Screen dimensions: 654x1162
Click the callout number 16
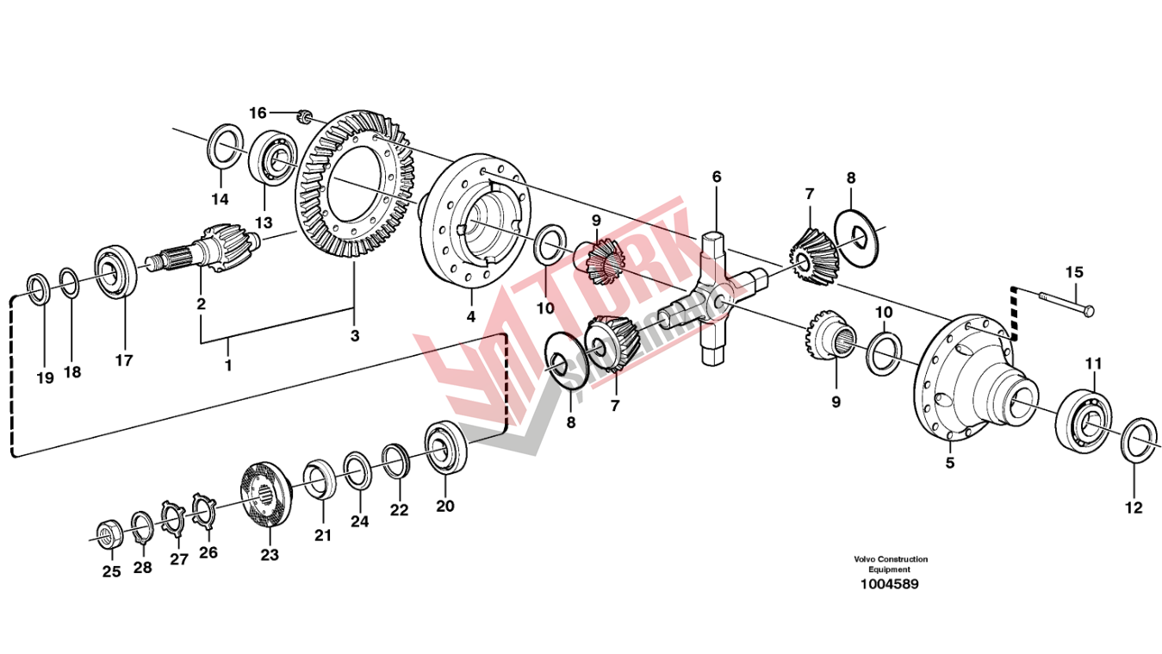coord(258,113)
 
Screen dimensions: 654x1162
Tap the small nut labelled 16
coord(302,115)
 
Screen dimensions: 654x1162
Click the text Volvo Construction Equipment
coord(890,564)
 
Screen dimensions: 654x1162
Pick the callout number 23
coord(270,556)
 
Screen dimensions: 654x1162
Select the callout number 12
coord(1134,508)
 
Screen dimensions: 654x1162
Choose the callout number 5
coord(950,464)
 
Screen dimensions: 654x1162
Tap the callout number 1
coord(228,365)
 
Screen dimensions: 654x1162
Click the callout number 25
coord(112,570)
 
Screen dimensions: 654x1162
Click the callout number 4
coord(471,316)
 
